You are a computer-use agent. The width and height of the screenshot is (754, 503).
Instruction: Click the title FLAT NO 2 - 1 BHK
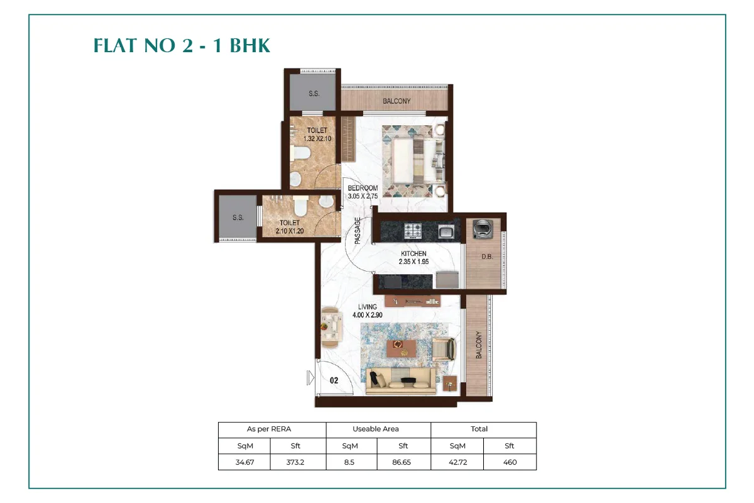(182, 46)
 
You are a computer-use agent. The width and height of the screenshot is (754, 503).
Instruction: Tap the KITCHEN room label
(413, 254)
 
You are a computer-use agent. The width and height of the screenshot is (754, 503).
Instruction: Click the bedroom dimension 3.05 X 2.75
(363, 196)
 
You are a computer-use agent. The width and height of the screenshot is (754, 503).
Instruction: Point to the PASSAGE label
(357, 230)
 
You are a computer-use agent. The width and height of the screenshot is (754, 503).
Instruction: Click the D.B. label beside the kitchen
(486, 257)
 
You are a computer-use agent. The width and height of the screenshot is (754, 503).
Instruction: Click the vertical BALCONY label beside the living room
(478, 345)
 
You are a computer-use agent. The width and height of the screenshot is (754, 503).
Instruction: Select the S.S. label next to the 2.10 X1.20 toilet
(238, 218)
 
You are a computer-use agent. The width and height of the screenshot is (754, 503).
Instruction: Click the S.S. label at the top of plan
(314, 94)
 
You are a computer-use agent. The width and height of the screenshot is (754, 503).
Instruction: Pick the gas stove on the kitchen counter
(413, 231)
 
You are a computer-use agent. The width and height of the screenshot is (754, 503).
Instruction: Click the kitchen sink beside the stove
(446, 231)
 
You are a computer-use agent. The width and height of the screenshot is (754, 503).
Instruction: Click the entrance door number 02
(334, 380)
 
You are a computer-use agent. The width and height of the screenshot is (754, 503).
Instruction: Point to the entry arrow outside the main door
(309, 377)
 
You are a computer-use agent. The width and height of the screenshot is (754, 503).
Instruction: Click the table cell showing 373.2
(297, 462)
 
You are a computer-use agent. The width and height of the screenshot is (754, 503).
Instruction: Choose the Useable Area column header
(378, 429)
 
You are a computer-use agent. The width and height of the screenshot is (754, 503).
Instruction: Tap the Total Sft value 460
(510, 462)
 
